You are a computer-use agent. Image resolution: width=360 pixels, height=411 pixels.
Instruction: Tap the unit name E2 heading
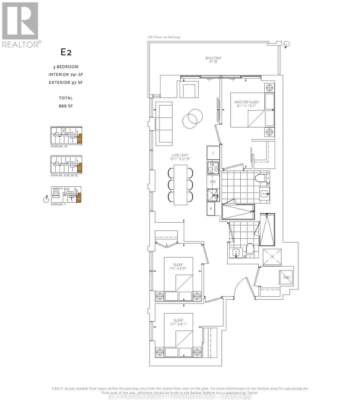pos(66,52)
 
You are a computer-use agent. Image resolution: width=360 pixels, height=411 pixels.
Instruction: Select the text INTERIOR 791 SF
pos(66,75)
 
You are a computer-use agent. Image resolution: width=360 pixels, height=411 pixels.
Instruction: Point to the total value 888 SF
pos(66,106)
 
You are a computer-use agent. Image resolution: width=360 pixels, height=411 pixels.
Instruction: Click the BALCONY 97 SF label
pos(213,60)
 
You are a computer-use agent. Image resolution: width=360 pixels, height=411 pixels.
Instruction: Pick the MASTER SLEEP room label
pos(247,104)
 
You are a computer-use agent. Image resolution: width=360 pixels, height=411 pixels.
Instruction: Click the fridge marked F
pos(213,153)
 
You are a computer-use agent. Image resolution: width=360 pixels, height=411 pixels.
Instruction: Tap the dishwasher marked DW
pos(213,182)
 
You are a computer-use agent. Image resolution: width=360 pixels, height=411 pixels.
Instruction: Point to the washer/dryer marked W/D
pos(286,277)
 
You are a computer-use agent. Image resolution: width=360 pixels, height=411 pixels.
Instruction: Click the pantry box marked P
pos(211,209)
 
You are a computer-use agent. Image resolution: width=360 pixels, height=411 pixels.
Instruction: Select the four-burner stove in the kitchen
pos(213,167)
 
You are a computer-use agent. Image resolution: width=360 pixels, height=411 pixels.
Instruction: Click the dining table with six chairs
pos(180,185)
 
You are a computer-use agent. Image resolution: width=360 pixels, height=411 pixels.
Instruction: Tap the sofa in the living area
pos(164,123)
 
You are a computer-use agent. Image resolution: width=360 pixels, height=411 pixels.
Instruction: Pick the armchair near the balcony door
pos(189,89)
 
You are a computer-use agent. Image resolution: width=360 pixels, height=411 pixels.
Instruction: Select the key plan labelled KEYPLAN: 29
pos(66,135)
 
